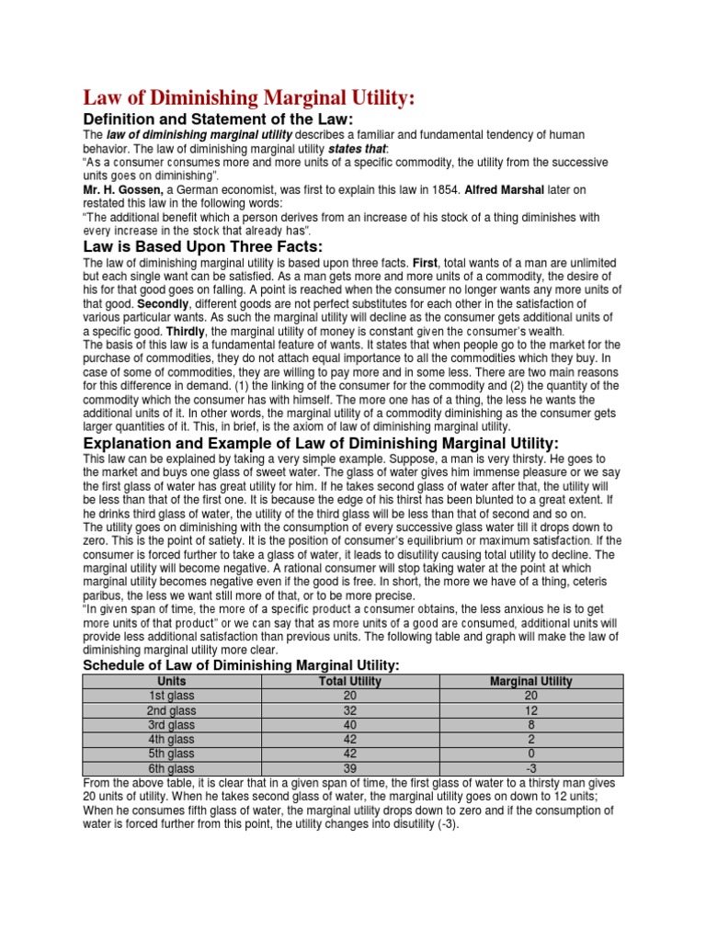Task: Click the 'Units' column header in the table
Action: coord(172,681)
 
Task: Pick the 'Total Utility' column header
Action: coord(349,681)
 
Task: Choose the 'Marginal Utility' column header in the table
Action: coord(531,681)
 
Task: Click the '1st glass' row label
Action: coord(172,696)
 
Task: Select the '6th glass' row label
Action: coord(172,768)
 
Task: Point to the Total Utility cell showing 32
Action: coord(349,710)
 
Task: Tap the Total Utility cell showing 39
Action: coord(349,768)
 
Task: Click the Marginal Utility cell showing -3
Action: coord(531,768)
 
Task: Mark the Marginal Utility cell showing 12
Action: coord(531,710)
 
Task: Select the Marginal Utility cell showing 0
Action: coord(531,754)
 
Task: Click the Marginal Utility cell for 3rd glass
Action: coord(531,725)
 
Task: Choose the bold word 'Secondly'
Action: coord(163,303)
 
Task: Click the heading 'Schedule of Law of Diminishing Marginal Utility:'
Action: coord(242,665)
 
